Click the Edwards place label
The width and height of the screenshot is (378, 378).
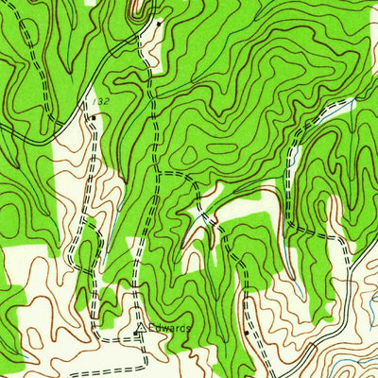[x=168, y=328]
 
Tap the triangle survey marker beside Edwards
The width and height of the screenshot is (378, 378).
[x=142, y=329]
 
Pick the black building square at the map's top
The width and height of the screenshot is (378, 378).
[x=159, y=21]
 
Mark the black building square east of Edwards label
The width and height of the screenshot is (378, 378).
[x=247, y=333]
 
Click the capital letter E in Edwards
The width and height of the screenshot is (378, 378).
[x=151, y=328]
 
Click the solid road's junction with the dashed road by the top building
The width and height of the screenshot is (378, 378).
[x=146, y=33]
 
